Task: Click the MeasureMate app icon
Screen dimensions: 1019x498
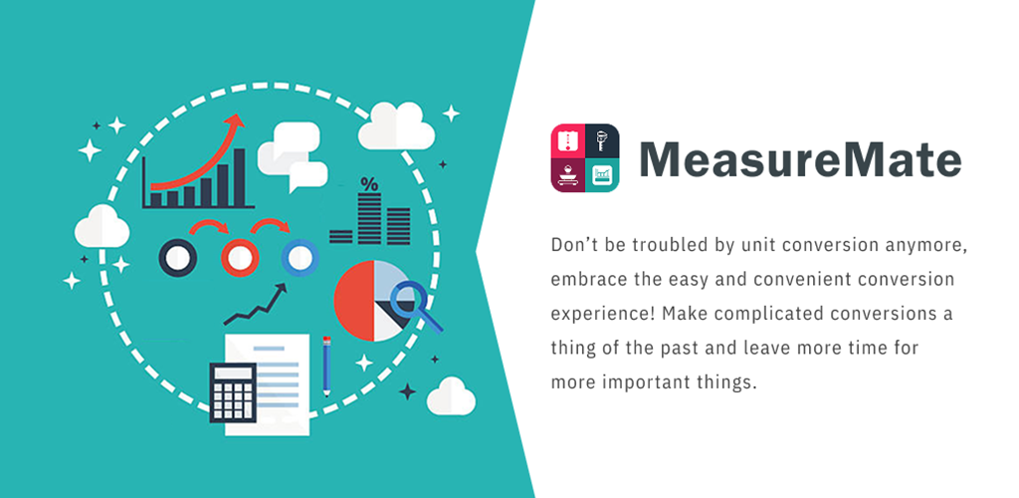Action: point(585,158)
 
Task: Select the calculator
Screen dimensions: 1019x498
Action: point(233,392)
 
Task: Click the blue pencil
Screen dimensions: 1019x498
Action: point(326,367)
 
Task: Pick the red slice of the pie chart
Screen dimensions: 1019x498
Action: point(354,301)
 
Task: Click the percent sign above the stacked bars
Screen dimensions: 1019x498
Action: point(369,184)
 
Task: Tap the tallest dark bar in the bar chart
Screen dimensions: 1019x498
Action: point(239,177)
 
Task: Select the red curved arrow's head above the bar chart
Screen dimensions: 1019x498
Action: point(235,122)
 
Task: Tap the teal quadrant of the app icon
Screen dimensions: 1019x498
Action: point(602,175)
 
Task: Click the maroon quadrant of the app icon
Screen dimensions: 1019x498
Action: point(568,175)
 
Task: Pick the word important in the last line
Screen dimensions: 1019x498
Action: point(648,382)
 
